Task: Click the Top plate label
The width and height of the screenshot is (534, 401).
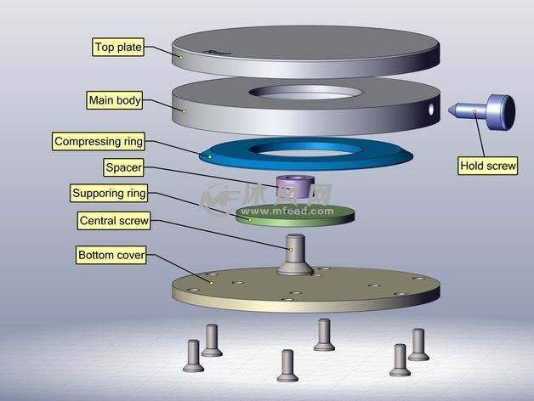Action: tap(117, 48)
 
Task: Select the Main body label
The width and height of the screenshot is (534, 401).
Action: tap(114, 101)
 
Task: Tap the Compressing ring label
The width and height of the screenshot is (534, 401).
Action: tap(99, 140)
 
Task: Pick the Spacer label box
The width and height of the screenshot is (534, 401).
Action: tap(123, 167)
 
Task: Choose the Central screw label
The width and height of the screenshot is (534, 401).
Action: tap(114, 221)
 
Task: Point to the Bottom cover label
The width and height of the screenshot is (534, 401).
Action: tap(111, 255)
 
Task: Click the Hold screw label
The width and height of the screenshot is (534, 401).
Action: tap(487, 166)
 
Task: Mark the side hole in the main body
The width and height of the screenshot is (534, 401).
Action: tap(430, 110)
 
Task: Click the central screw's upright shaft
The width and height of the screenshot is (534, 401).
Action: tap(295, 250)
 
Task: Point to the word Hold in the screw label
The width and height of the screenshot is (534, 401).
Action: tap(472, 166)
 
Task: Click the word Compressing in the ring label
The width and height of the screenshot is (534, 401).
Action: tap(85, 140)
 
